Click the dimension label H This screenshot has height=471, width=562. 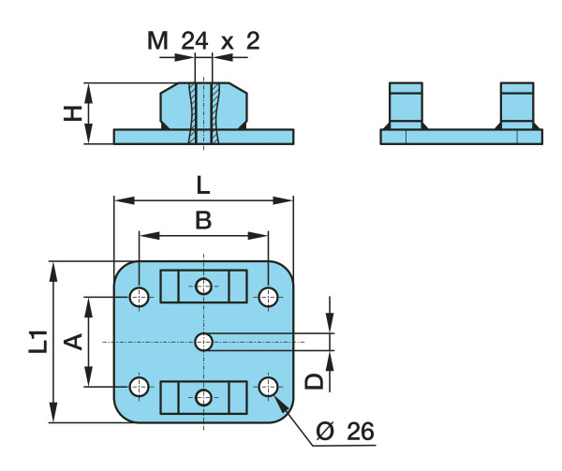(x=70, y=113)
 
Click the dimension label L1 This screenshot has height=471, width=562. (x=37, y=341)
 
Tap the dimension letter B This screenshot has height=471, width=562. (x=203, y=221)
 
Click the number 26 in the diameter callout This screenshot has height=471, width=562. (x=359, y=432)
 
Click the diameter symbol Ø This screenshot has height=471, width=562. (x=325, y=432)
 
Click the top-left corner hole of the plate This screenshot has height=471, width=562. (x=140, y=298)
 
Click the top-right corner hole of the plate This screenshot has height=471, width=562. (x=269, y=298)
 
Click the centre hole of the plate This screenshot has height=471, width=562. (x=204, y=342)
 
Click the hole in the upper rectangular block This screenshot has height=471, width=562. (x=204, y=287)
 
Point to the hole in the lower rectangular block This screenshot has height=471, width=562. (x=204, y=397)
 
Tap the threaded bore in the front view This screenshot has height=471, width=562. (x=204, y=112)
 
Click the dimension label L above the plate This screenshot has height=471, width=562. (x=203, y=185)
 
